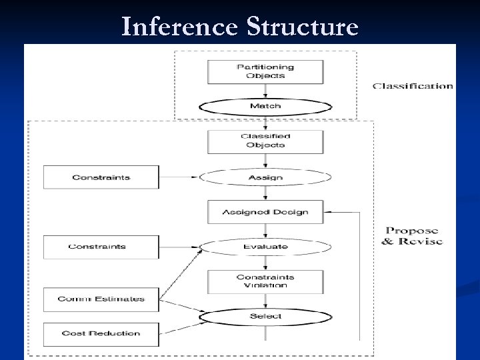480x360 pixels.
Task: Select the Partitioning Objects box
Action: (x=265, y=71)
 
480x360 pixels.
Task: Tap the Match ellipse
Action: (x=265, y=106)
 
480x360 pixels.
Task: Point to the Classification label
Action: (x=413, y=86)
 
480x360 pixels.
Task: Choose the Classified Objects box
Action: (x=265, y=140)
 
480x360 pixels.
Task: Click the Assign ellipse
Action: (x=265, y=177)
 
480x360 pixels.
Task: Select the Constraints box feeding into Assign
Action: (x=101, y=177)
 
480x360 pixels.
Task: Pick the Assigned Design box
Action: (x=265, y=213)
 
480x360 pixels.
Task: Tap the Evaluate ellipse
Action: (x=265, y=247)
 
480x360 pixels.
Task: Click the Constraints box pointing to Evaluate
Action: (x=97, y=247)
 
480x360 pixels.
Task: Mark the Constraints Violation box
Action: (x=265, y=281)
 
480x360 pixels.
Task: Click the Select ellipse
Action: (x=265, y=316)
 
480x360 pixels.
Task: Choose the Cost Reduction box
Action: (x=101, y=333)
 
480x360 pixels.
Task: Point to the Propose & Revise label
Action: (x=413, y=235)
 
